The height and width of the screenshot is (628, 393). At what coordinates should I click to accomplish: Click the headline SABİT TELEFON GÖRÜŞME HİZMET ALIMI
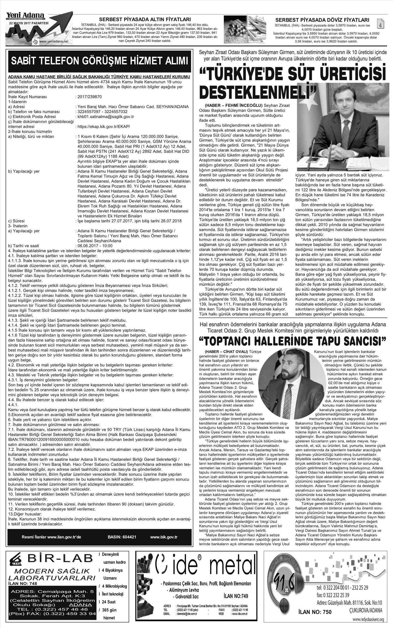99,61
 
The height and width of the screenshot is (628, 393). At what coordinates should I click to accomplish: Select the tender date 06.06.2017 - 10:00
95,246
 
